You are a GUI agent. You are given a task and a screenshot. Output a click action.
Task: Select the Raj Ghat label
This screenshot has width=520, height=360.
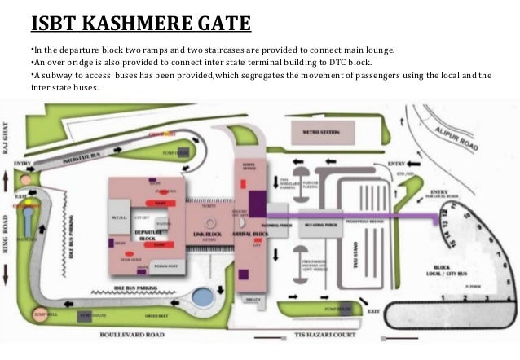tap(7, 133)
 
